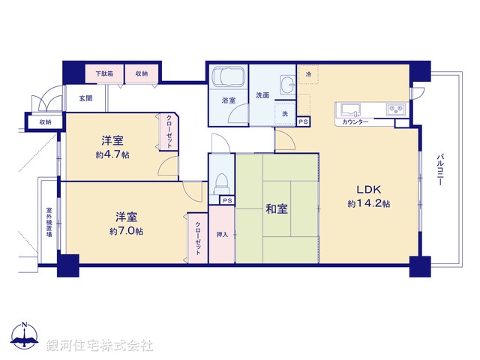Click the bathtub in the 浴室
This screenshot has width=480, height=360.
click(227, 79)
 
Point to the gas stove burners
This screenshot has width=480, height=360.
click(396, 109)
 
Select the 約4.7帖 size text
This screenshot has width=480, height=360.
click(112, 155)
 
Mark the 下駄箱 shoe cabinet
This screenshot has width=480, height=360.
click(104, 73)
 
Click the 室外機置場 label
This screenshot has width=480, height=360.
click(49, 222)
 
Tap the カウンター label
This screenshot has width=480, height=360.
click(354, 121)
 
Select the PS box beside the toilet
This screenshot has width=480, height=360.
click(226, 200)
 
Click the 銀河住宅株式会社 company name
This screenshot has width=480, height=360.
click(100, 345)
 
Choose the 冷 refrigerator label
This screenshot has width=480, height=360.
click(309, 73)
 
